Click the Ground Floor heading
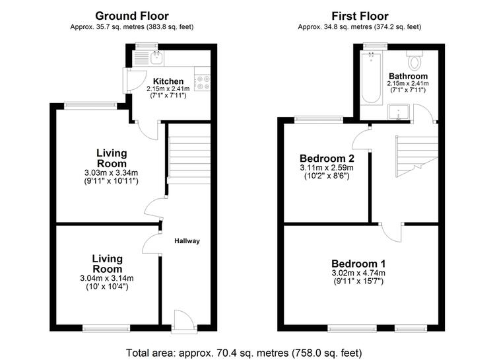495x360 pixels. [132, 16]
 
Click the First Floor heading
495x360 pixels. [360, 16]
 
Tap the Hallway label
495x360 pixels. [187, 241]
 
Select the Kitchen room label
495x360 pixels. [168, 81]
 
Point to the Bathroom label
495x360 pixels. [408, 76]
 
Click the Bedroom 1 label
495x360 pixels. [358, 264]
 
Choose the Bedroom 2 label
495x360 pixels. [327, 158]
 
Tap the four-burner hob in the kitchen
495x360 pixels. [203, 83]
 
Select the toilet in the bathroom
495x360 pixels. [415, 60]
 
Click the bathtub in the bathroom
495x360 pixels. [371, 78]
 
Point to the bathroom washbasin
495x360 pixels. [399, 112]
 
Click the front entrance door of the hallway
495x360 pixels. [184, 322]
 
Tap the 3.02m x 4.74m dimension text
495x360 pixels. [358, 273]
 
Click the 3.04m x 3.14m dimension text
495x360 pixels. [107, 279]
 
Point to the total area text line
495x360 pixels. [244, 353]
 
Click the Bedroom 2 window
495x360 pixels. [319, 119]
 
